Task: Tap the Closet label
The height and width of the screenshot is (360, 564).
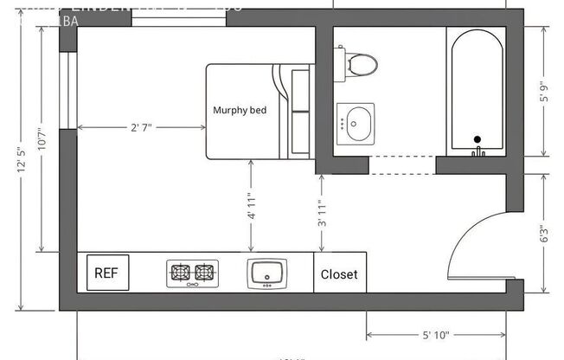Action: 339,274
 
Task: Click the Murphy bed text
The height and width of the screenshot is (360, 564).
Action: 240,110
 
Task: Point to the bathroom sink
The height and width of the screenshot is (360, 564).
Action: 356,123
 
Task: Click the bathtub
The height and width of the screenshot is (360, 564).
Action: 476,91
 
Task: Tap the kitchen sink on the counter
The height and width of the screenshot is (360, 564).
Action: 267,273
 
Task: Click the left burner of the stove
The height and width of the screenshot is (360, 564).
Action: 181,273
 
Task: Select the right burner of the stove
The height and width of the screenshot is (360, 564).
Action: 204,273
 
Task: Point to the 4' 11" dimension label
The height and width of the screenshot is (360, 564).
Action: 251,209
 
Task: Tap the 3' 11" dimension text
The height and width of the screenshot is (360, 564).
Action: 322,210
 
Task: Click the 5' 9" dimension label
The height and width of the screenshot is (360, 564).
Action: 542,91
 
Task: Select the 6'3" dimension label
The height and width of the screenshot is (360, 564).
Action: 542,235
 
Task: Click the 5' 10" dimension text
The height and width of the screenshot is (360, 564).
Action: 436,334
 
